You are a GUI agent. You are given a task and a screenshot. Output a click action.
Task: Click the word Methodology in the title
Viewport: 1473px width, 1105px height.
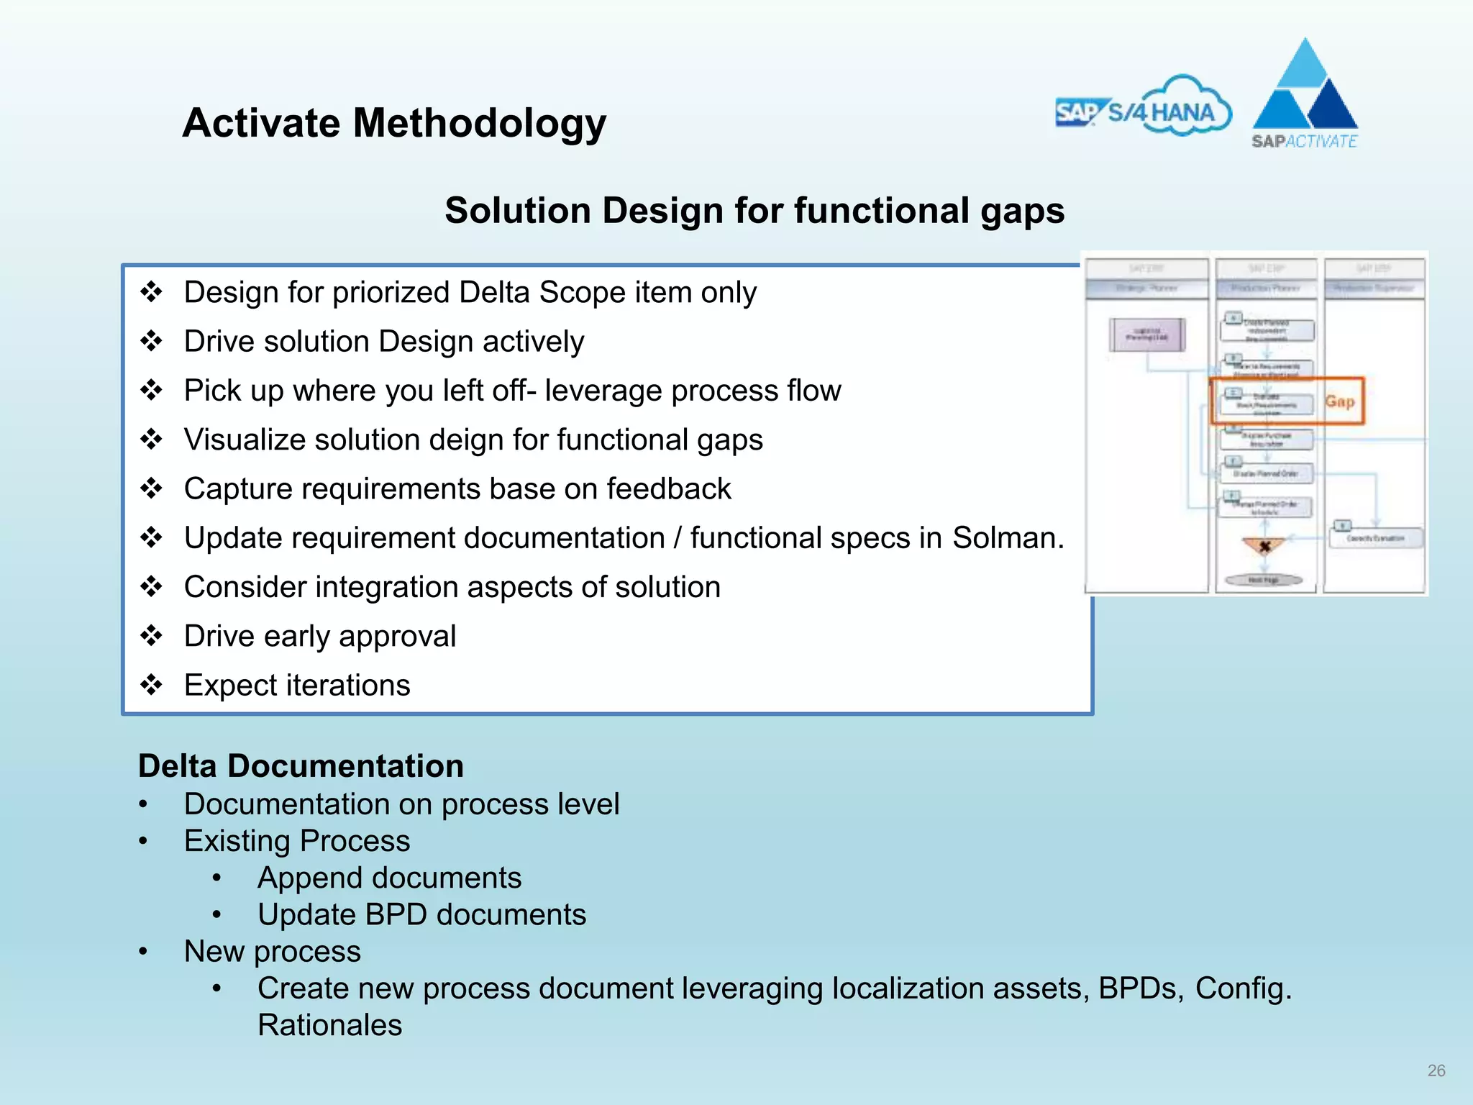479,124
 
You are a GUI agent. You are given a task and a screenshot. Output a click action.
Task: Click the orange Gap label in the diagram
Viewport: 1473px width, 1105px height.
1340,401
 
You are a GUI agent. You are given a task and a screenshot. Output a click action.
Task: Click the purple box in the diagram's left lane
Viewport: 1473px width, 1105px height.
1146,335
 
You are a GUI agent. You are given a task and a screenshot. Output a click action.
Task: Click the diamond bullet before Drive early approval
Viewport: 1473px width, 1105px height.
151,636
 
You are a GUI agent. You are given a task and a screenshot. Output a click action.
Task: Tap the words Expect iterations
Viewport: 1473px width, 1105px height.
297,685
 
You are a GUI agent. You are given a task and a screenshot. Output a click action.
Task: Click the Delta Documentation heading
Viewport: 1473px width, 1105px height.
301,766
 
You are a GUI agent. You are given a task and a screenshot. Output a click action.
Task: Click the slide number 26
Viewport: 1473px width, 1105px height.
1436,1070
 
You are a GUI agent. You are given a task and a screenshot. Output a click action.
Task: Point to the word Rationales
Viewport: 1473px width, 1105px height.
329,1025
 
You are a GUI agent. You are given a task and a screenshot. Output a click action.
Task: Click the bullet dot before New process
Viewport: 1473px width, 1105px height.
143,952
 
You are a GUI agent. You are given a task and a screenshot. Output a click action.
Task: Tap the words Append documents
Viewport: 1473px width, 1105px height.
389,878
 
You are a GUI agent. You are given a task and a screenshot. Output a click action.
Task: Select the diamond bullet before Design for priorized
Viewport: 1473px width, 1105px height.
151,292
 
